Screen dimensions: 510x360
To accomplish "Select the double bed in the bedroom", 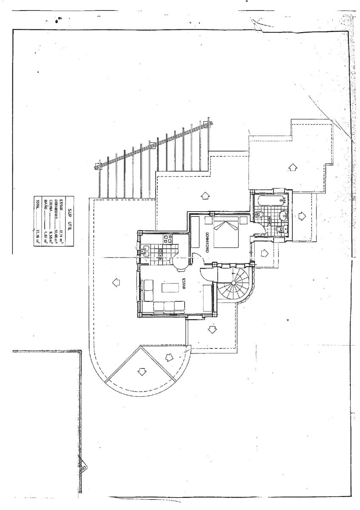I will (226, 233).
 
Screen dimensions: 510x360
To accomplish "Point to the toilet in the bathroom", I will (279, 230).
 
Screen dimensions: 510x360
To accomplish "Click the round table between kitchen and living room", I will (180, 263).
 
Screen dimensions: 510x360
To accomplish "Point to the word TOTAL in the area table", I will (37, 205).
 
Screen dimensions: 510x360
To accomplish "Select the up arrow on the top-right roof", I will (292, 167).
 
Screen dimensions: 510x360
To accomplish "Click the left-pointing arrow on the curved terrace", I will (115, 281).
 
